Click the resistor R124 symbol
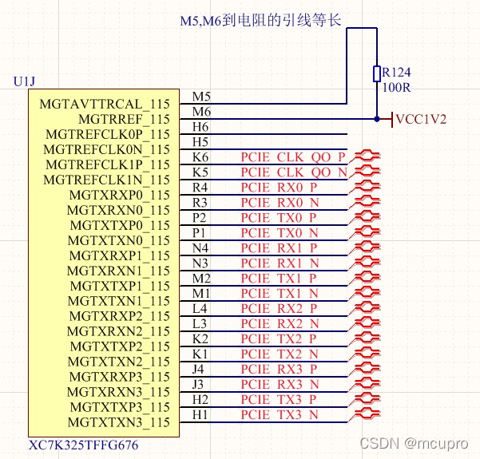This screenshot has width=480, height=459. coord(377,73)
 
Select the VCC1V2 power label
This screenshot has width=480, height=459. coord(420,120)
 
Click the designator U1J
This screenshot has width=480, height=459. coord(26,82)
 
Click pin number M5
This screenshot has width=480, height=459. coord(201,97)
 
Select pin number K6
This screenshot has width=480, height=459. coord(200,157)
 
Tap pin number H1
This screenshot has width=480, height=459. coord(200,414)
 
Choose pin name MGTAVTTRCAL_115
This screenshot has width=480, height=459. coord(105,104)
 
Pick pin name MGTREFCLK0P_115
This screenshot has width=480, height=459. coord(108,134)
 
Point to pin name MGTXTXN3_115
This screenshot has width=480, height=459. coord(119,422)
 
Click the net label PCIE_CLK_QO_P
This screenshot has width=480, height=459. coord(293,157)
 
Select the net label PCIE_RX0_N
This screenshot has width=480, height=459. coord(280,203)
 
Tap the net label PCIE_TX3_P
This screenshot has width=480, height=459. coord(280,399)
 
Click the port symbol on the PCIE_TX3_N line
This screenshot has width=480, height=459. coord(367,414)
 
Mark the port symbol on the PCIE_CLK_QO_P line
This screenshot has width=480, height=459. coord(367,157)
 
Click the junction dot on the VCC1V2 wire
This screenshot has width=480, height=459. coord(377,119)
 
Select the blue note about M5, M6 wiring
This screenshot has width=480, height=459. coord(260,20)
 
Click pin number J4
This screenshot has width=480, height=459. coord(200,369)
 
